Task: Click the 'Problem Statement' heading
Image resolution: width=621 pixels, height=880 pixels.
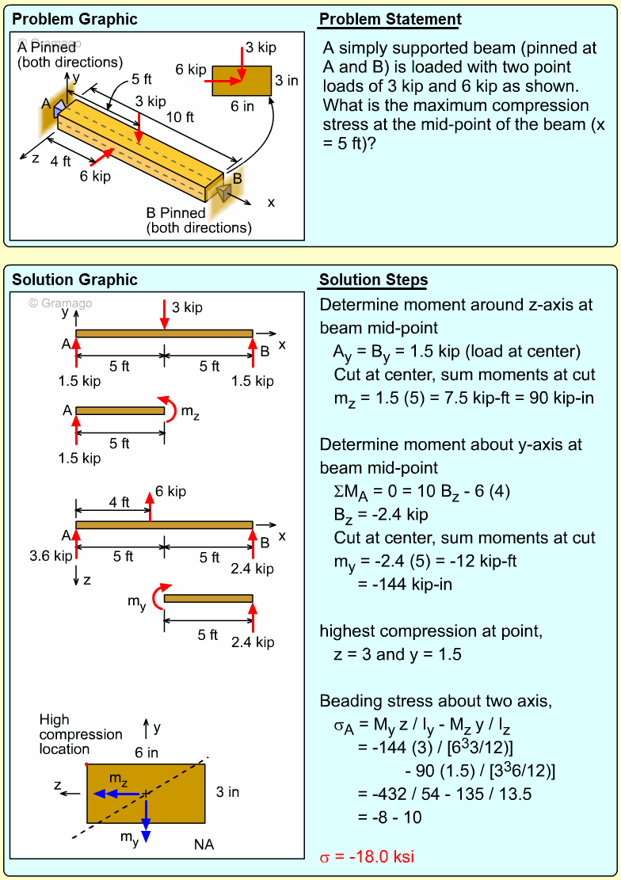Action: (390, 20)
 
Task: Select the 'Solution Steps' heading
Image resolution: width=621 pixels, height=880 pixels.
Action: (373, 280)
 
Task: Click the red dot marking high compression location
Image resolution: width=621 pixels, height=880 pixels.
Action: (86, 764)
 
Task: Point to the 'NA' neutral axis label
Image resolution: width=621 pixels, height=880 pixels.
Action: (204, 844)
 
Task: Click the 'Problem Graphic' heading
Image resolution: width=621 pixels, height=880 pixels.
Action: (74, 20)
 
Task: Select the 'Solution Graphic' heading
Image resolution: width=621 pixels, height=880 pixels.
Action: (74, 280)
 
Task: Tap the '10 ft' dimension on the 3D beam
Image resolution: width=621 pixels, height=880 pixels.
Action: (179, 117)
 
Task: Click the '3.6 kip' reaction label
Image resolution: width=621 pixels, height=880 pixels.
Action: (51, 556)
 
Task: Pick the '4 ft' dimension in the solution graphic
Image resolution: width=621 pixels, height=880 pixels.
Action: (119, 502)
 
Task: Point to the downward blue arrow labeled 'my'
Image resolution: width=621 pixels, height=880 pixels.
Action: (146, 824)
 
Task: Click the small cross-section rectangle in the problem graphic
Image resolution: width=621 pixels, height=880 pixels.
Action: (242, 81)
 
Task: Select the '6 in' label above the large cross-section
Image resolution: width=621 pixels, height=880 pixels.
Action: (147, 752)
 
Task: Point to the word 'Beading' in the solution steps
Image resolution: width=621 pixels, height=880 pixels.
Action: (348, 701)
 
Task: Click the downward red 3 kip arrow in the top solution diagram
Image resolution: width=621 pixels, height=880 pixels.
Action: (164, 314)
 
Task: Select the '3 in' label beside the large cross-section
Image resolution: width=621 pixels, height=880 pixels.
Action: (227, 792)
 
